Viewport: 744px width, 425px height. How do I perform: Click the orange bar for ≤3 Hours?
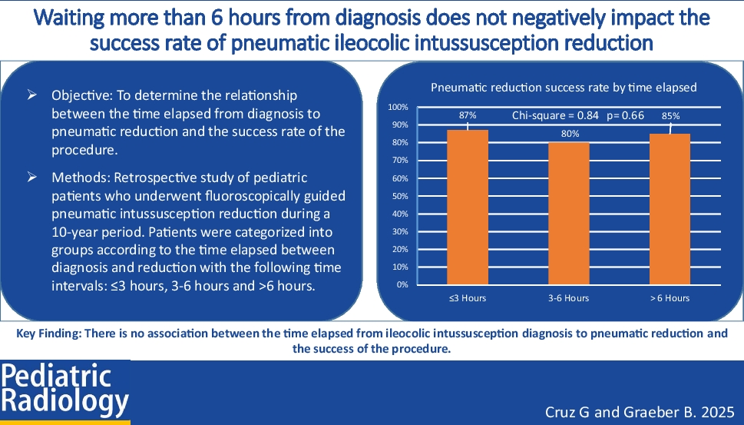tap(468, 207)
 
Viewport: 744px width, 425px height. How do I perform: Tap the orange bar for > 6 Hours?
tap(670, 209)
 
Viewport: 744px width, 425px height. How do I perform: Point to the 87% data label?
tap(468, 115)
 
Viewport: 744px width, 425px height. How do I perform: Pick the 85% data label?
tap(670, 116)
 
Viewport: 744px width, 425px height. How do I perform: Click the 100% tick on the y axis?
tap(398, 107)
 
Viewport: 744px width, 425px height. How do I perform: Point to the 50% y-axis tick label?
tap(399, 196)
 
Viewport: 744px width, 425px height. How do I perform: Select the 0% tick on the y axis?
tap(402, 285)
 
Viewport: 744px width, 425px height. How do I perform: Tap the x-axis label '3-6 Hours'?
tap(570, 298)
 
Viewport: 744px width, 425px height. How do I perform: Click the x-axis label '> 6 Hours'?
tap(670, 298)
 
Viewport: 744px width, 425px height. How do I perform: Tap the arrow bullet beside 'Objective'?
tap(32, 97)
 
